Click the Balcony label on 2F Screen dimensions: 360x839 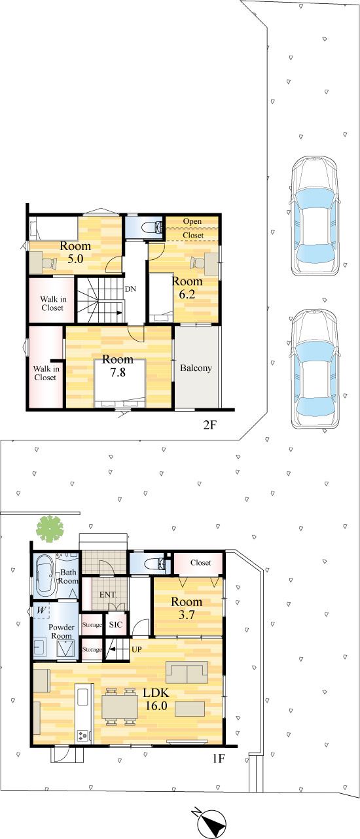click(196, 368)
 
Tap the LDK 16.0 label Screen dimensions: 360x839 click(156, 699)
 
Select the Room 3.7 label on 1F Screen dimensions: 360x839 click(187, 608)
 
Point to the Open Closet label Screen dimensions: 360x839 click(193, 228)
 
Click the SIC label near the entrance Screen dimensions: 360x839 click(115, 624)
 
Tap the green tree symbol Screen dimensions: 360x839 click(49, 528)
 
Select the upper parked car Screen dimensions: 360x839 click(315, 216)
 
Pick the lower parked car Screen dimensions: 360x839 click(315, 369)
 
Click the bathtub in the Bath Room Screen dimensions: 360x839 click(45, 577)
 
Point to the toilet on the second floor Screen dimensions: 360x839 click(152, 226)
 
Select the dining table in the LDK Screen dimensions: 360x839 click(120, 705)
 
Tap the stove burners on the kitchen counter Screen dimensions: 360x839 click(82, 735)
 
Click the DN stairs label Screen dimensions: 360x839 click(130, 289)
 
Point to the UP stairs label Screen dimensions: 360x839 click(137, 649)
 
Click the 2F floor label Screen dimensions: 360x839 click(209, 425)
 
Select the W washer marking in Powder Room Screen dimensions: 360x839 click(41, 611)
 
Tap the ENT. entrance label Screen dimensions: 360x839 click(108, 594)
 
